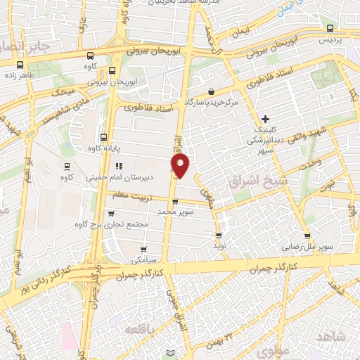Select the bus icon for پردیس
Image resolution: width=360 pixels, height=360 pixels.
330,28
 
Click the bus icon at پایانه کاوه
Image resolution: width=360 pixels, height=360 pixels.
104,138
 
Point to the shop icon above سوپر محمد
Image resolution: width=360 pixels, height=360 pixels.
175,201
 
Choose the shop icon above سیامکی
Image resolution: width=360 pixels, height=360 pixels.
144,249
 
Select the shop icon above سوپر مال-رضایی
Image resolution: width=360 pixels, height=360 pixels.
307,236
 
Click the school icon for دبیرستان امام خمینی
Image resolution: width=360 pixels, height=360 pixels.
119,167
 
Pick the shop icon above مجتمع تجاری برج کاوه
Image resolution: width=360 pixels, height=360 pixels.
114,213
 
